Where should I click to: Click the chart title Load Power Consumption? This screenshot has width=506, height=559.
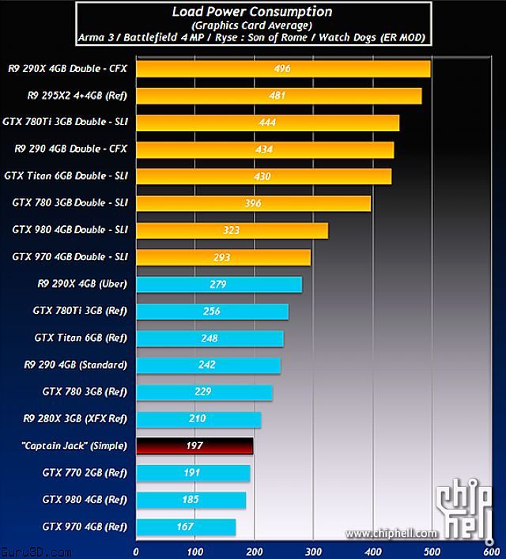click(x=252, y=12)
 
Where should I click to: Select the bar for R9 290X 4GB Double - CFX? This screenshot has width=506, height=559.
click(x=283, y=69)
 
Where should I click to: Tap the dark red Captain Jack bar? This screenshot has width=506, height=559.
click(x=194, y=446)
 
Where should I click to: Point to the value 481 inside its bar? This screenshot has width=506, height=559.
click(x=278, y=96)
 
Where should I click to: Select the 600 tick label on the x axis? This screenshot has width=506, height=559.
click(x=489, y=551)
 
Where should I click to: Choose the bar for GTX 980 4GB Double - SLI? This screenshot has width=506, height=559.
click(x=232, y=230)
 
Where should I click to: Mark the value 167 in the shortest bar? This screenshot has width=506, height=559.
click(x=186, y=527)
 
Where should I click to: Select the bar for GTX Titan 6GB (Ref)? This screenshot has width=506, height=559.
click(x=210, y=338)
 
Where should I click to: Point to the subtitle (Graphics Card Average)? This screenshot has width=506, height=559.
click(x=252, y=25)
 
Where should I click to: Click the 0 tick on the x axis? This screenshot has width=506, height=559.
click(x=136, y=551)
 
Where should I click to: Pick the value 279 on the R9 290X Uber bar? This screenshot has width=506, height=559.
click(x=218, y=285)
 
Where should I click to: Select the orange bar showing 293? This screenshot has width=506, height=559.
click(x=223, y=257)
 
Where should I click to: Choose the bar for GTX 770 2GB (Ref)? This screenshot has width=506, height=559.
click(x=193, y=473)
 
